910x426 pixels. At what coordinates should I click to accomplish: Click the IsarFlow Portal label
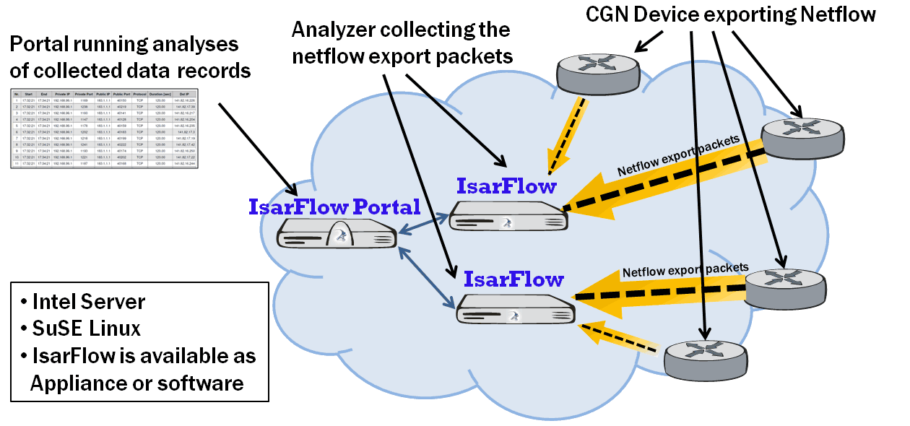pos(334,207)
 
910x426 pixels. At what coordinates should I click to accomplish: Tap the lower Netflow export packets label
pos(685,269)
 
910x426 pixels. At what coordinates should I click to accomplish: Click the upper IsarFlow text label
pos(506,186)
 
